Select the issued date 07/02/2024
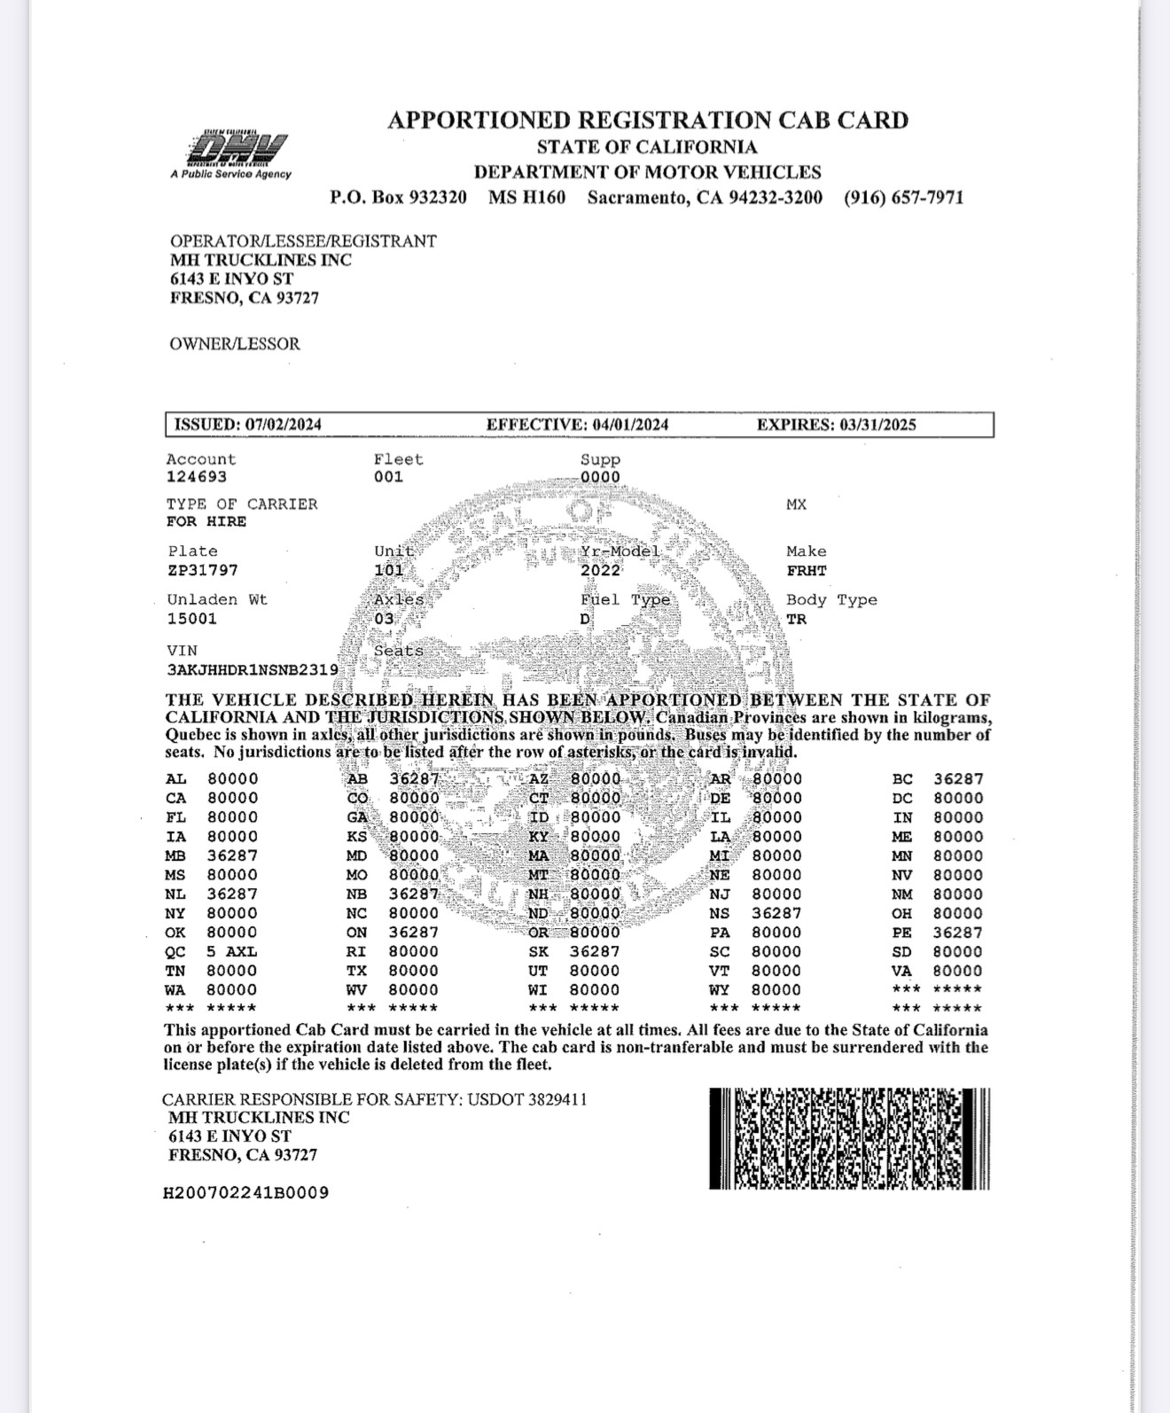283,425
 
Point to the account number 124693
197,477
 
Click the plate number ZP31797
203,570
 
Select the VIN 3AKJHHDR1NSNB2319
253,670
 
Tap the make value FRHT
807,571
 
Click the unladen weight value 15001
191,619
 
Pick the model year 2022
601,571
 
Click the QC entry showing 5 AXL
231,952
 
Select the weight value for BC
958,779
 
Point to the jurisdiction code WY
719,990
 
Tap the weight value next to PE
957,933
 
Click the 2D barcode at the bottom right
849,1139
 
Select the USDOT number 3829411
558,1100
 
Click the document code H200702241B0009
246,1193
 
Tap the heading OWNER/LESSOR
235,344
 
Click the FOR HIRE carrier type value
207,522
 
